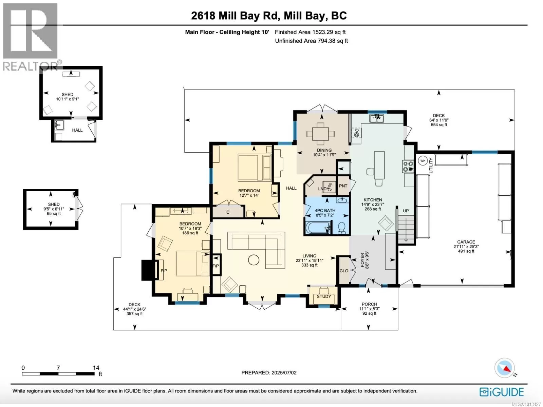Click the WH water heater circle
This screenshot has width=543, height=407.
(x=423, y=161)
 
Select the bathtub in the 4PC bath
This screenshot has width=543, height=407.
(x=318, y=227)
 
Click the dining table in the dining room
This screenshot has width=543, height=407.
(x=320, y=133)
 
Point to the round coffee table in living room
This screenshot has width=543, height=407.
(x=254, y=260)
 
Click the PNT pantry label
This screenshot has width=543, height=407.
(x=343, y=186)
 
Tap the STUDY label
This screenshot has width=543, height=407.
(x=324, y=296)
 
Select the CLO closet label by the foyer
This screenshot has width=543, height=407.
(x=344, y=271)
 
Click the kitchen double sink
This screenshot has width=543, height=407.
(x=376, y=119)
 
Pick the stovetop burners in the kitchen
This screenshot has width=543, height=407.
(x=408, y=166)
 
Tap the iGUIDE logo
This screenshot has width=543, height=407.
(x=502, y=392)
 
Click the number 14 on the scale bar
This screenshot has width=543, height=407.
(x=96, y=368)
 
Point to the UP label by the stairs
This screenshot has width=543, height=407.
(x=406, y=211)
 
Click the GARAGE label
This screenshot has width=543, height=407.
(x=466, y=242)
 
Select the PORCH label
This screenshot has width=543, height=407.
(x=369, y=304)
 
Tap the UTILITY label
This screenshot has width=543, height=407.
(x=431, y=165)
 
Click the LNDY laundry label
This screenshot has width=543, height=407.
(x=323, y=189)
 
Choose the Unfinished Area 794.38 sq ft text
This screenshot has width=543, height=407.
(x=311, y=41)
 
